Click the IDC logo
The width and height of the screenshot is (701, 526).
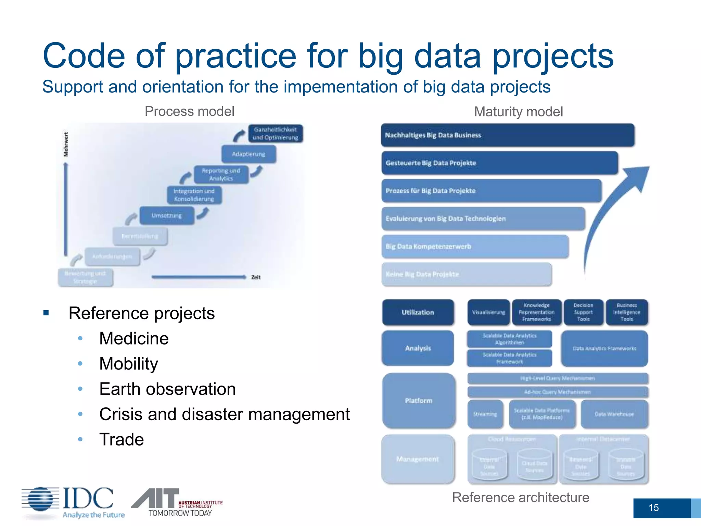point(72,502)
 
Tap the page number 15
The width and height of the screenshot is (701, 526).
point(653,508)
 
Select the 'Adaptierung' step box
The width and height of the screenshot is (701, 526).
point(248,154)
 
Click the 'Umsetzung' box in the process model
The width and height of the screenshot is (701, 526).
point(167,215)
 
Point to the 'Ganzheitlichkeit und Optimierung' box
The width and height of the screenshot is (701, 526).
point(275,134)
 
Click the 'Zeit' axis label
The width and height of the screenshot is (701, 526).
point(256,277)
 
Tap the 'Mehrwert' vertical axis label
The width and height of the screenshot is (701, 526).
point(66,144)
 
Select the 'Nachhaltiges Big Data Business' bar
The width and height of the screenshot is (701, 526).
point(507,135)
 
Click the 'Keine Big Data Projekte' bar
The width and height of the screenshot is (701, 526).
point(466,274)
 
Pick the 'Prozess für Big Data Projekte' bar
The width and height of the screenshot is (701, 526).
point(491,191)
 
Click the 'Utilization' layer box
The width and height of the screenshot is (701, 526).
point(418,312)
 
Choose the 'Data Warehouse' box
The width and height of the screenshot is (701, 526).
point(614,414)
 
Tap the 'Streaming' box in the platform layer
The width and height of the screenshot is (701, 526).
point(485,414)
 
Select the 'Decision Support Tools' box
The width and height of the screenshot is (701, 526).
point(583,312)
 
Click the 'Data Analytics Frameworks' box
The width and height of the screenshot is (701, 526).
point(604,348)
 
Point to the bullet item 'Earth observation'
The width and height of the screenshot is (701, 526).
point(167,389)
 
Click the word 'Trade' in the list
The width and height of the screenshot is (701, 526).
point(122,439)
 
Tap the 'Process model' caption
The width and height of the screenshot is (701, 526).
point(189,111)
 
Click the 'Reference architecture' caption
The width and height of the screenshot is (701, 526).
point(521,497)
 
